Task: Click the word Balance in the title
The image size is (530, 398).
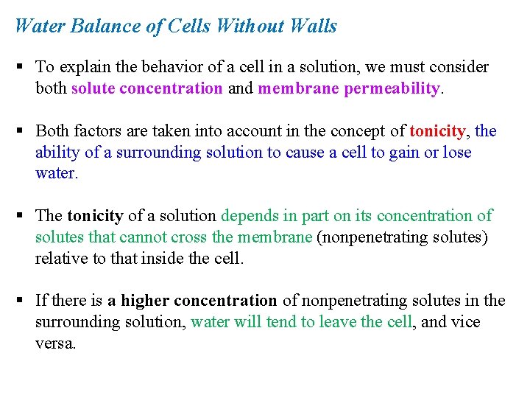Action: pos(96,27)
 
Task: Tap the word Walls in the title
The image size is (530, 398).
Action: pos(314,27)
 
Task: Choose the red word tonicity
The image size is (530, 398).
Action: pos(437,131)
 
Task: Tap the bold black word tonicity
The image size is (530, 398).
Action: pos(96,216)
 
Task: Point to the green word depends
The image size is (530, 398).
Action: pos(250,216)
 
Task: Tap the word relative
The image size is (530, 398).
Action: pos(59,259)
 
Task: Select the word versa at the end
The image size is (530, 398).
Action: pos(54,343)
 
